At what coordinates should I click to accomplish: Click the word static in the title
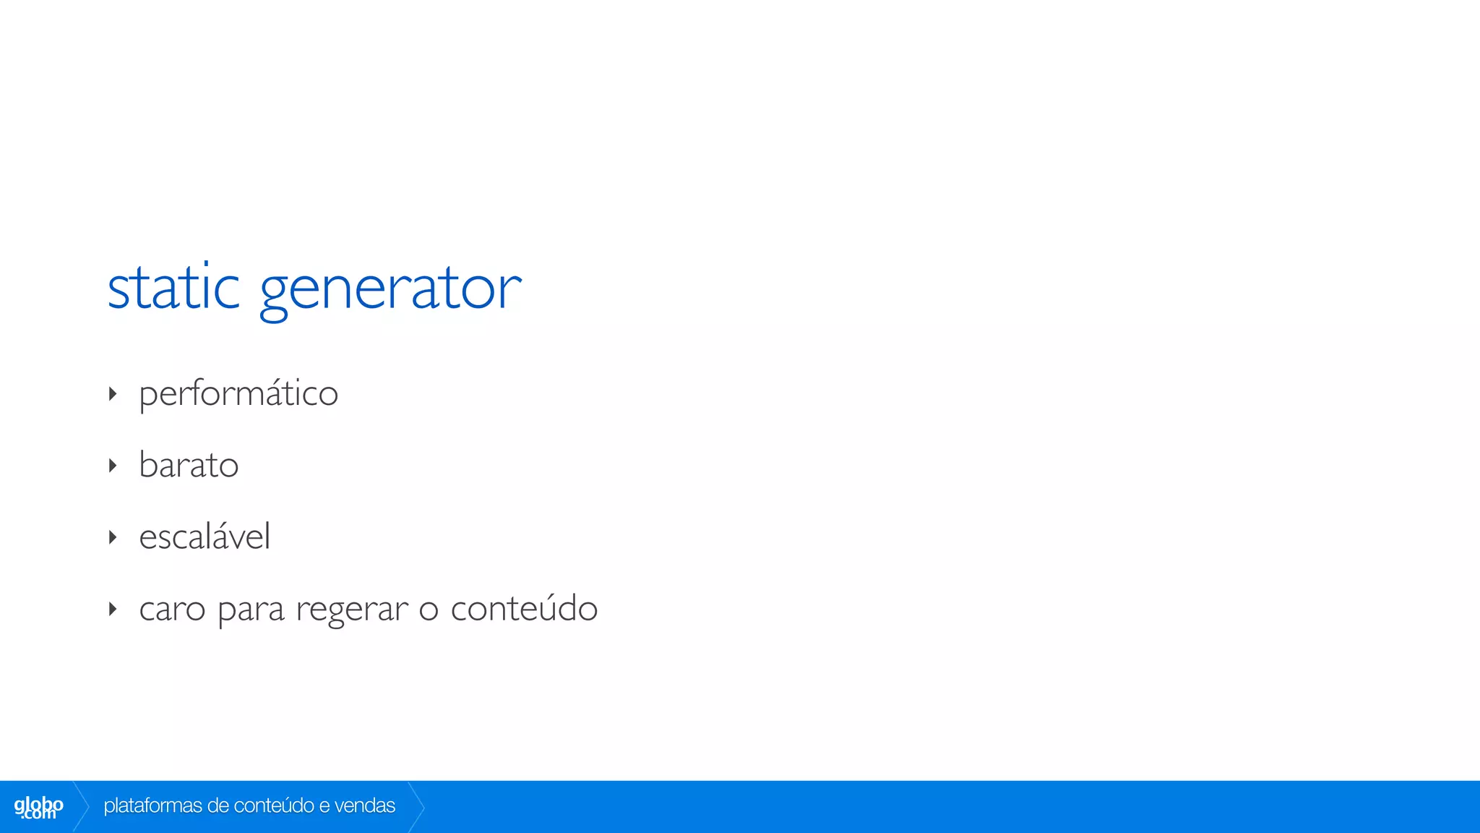173,288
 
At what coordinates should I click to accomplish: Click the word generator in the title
390,289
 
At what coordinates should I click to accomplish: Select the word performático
238,394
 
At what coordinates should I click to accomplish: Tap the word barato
189,465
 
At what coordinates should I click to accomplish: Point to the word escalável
205,537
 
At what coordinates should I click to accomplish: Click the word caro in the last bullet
172,610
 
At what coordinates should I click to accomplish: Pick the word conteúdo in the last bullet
524,608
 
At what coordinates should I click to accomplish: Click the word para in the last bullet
251,611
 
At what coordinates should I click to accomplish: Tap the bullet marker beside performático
113,394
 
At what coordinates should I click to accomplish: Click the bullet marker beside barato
113,466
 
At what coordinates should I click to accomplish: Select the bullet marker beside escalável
113,537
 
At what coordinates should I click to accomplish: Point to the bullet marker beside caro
113,609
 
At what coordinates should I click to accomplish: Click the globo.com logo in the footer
38,807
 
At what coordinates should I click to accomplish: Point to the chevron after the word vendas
416,806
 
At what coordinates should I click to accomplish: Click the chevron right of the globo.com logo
81,806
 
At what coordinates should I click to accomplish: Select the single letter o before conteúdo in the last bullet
429,611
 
